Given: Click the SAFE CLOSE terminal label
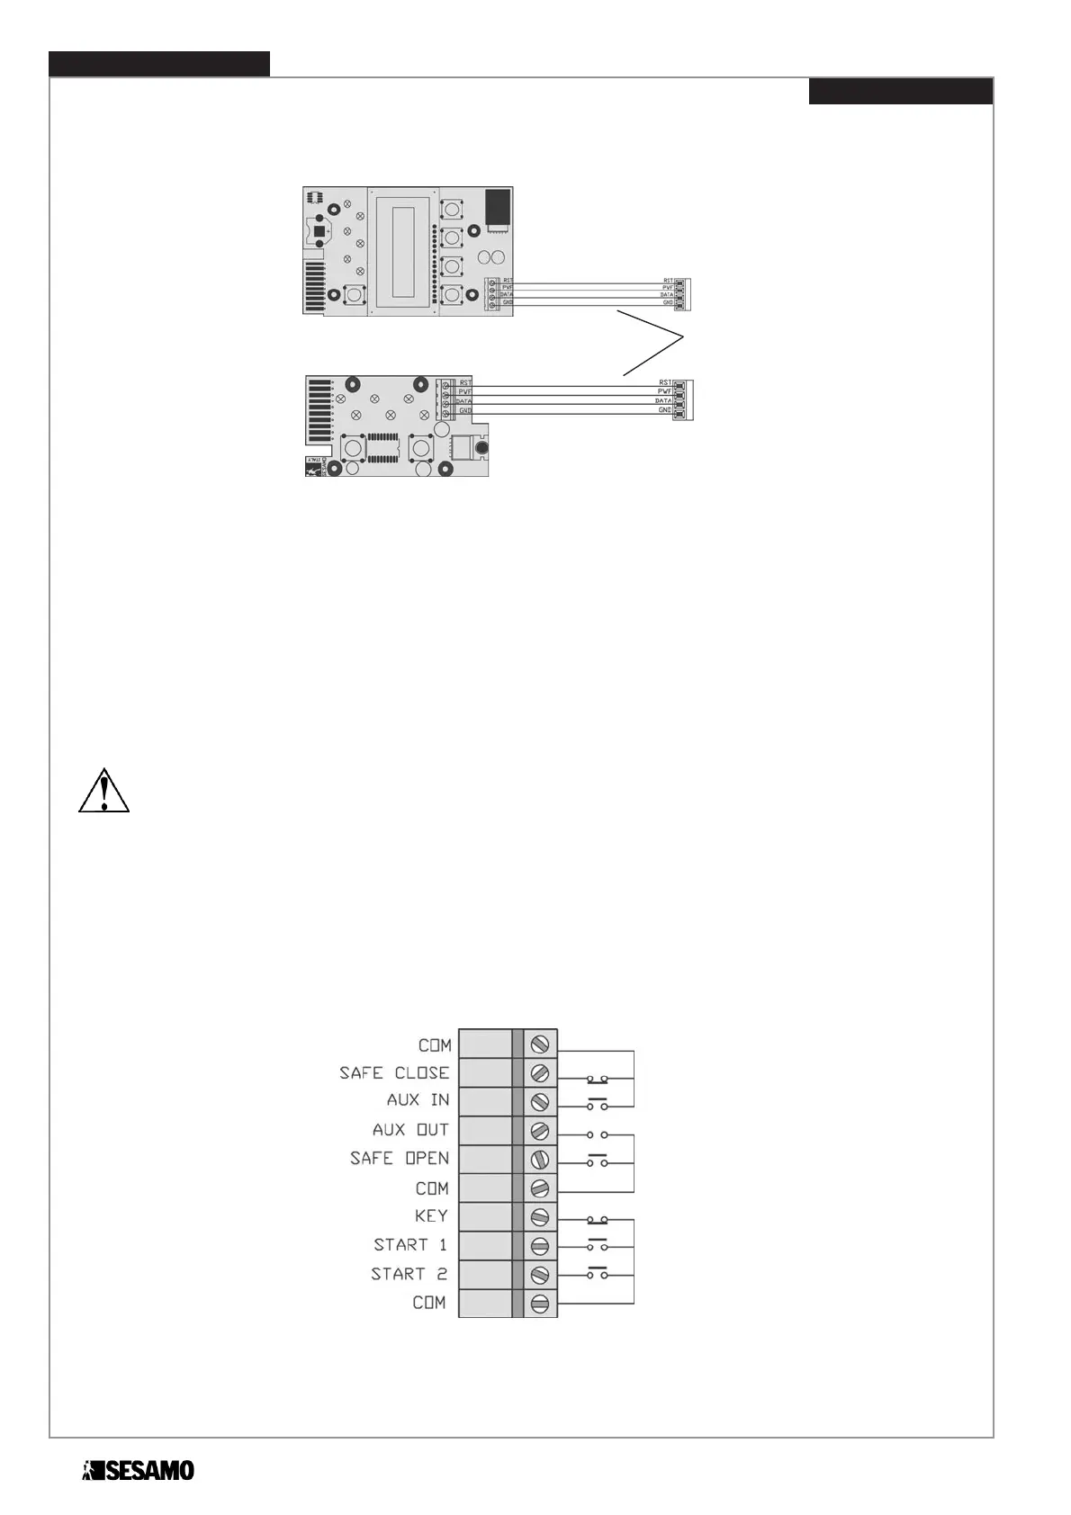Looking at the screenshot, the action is pos(393,1072).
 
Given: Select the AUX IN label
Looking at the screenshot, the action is pos(418,1100).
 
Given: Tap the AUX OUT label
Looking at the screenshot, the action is pos(410,1130).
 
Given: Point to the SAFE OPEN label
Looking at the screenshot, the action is pos(399,1159).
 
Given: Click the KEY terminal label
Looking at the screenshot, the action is pos(431,1216).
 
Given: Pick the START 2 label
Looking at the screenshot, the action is pos(409,1274).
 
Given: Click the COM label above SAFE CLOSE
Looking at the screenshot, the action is pos(435,1045).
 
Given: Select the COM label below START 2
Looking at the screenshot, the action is pos(429,1303).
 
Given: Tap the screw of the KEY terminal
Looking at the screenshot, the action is pos(540,1217).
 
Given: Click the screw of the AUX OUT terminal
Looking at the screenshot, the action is pos(540,1131).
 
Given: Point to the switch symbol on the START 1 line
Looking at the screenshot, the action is pos(597,1245).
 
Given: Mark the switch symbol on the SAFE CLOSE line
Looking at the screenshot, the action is pos(597,1076).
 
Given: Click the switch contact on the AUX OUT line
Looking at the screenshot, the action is pos(597,1134).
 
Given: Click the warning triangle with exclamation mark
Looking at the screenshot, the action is pos(104,792).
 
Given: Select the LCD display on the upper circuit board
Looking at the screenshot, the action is pos(402,251).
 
